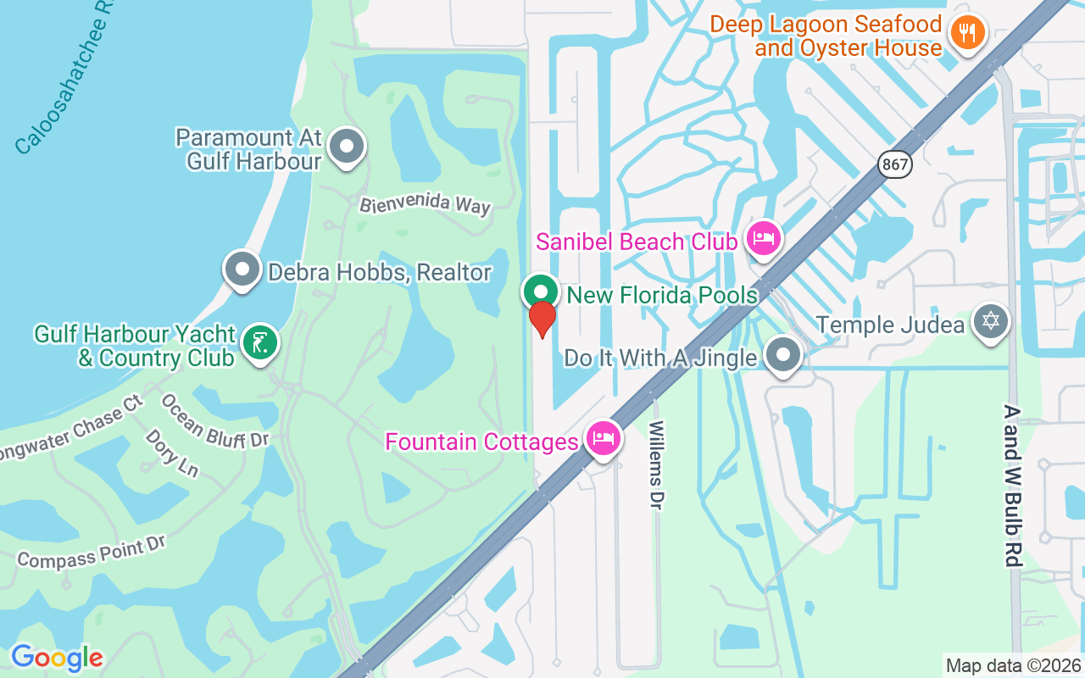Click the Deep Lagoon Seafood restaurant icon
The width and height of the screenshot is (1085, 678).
coord(965,33)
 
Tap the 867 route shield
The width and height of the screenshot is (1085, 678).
coord(895,164)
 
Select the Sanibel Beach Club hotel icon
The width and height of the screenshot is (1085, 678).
coord(763,239)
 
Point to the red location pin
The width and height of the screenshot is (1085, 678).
coord(542,319)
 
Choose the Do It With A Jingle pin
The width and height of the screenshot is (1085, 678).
coord(782,355)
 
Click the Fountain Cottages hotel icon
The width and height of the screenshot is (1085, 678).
coord(603,438)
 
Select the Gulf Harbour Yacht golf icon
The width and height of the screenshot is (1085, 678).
coord(259,343)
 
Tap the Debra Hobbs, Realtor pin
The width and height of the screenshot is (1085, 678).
coord(242,270)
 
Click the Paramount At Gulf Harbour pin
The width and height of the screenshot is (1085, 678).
coord(346,147)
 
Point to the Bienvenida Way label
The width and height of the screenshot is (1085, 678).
coord(425,205)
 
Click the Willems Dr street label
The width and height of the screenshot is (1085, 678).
coord(655,465)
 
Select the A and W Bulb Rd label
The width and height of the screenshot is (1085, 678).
coord(1012,485)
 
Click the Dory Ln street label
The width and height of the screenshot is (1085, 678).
coord(172,453)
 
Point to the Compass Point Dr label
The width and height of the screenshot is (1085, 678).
coord(91,552)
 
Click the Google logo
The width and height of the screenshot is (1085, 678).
coord(57,658)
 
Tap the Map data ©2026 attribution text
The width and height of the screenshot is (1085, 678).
coord(1013,665)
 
